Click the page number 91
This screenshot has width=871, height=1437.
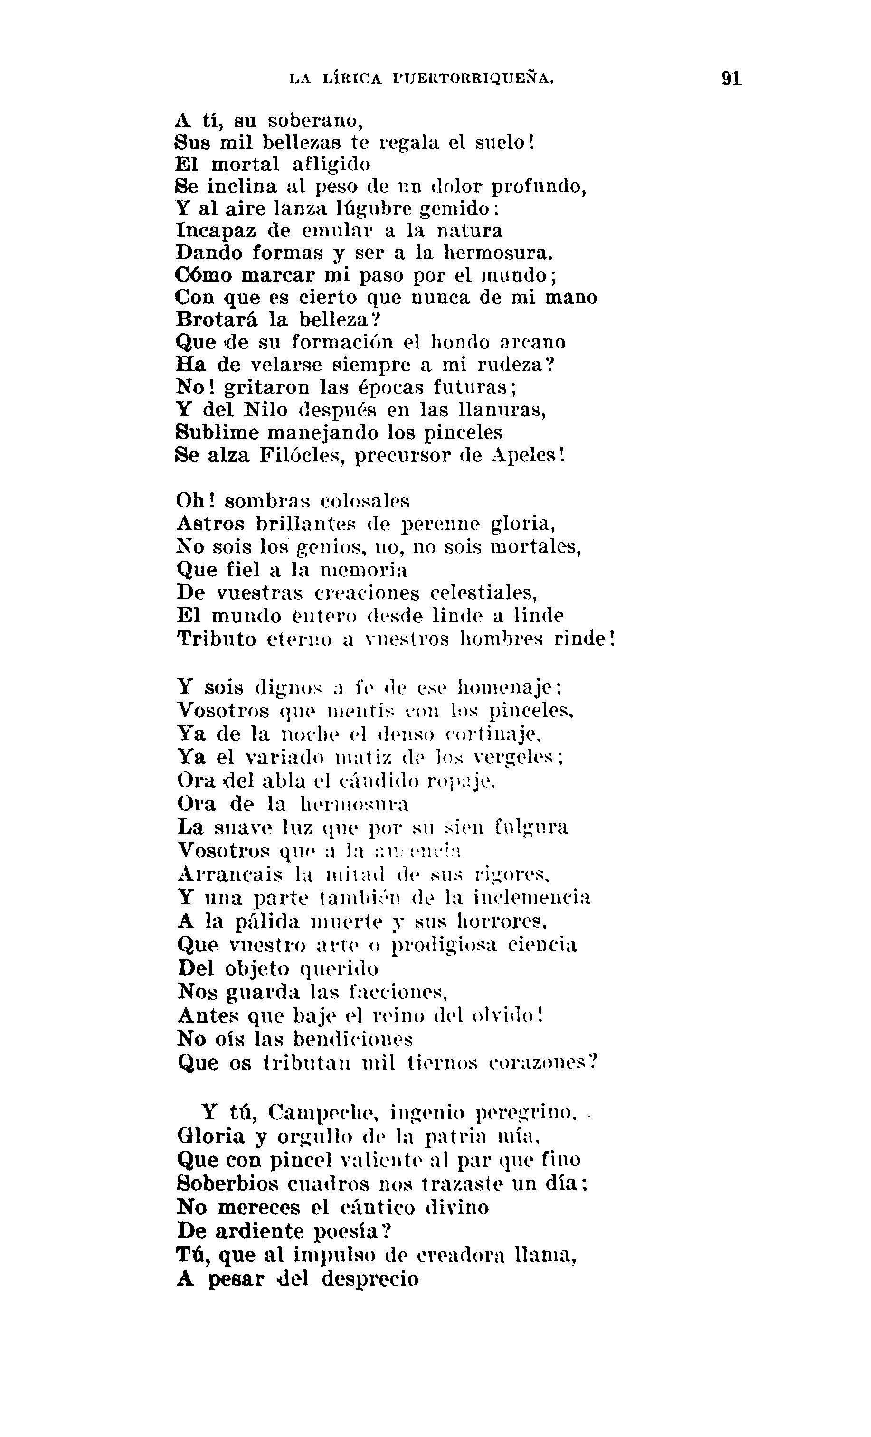pos(731,78)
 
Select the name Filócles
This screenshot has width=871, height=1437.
pos(299,455)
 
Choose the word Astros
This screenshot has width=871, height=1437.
pos(210,524)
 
